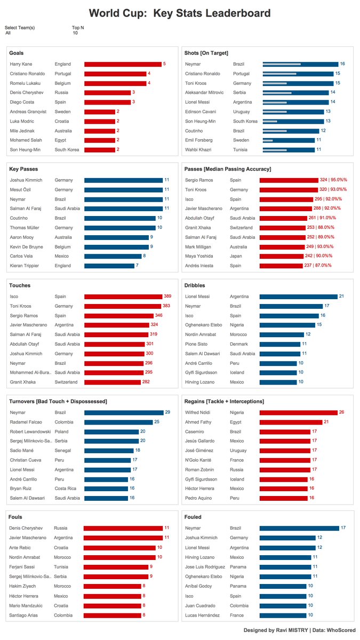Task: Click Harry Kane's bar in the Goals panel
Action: pyautogui.click(x=123, y=64)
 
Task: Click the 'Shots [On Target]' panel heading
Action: pyautogui.click(x=206, y=53)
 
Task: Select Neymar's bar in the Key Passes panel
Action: pyautogui.click(x=123, y=199)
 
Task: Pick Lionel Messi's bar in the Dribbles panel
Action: pyautogui.click(x=298, y=297)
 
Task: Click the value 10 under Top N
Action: pyautogui.click(x=75, y=33)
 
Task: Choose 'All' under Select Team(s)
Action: pyautogui.click(x=8, y=33)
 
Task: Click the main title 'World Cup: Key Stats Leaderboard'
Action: pyautogui.click(x=180, y=13)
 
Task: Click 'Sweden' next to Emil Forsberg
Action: pyautogui.click(x=241, y=140)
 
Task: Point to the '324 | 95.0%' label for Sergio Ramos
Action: pyautogui.click(x=333, y=180)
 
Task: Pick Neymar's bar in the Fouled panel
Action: pyautogui.click(x=299, y=528)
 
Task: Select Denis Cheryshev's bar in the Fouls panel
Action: pyautogui.click(x=123, y=528)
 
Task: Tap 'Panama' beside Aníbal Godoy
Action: pyautogui.click(x=238, y=586)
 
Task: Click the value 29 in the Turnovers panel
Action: pyautogui.click(x=167, y=412)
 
